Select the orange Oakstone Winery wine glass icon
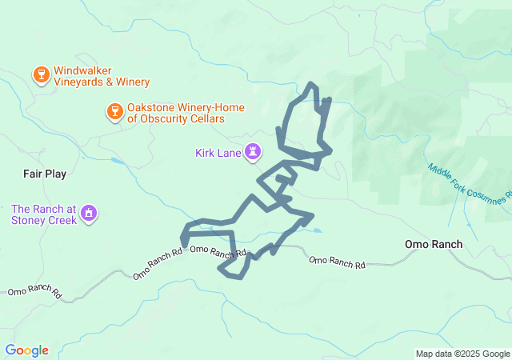click(x=114, y=112)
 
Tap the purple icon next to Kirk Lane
click(x=253, y=152)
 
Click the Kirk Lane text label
click(x=218, y=153)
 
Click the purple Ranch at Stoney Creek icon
click(x=89, y=214)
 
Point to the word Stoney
click(x=40, y=220)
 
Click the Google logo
click(x=26, y=350)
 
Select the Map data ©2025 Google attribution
click(x=462, y=354)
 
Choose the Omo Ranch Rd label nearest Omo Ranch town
click(x=337, y=262)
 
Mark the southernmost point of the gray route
click(x=234, y=277)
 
